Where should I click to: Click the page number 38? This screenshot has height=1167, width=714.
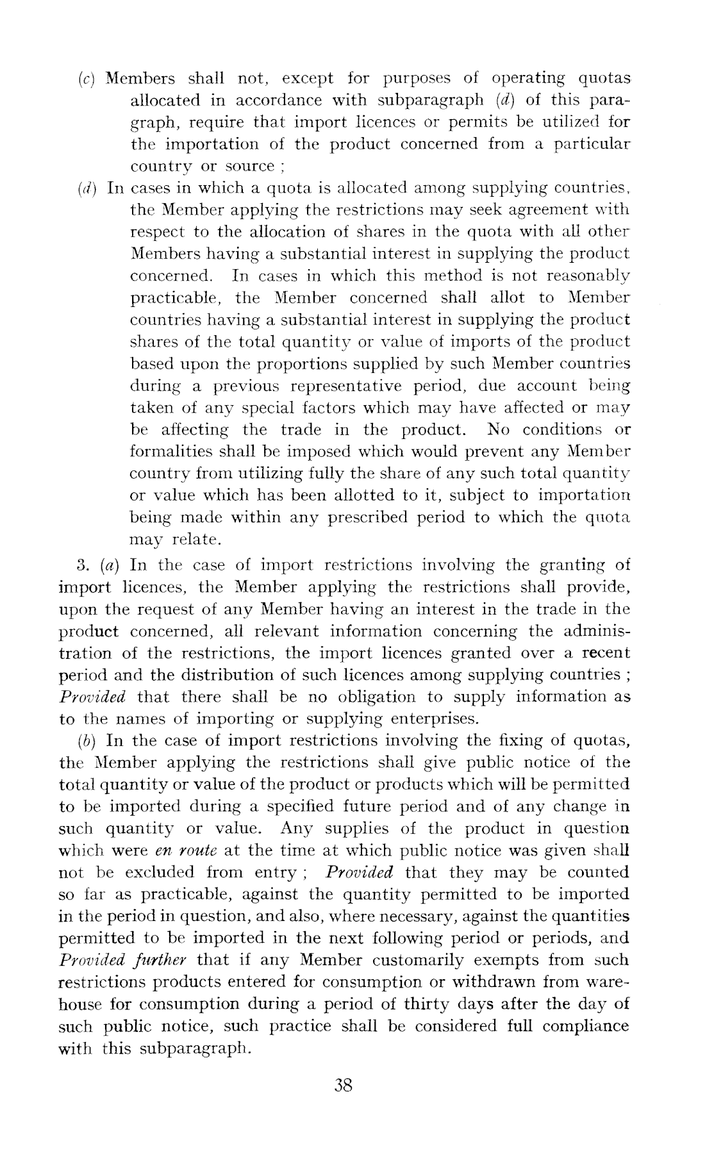[x=344, y=1085]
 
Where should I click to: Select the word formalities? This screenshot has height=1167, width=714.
[x=169, y=452]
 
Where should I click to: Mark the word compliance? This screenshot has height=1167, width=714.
[x=585, y=1026]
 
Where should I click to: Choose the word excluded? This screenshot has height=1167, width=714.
[x=159, y=873]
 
